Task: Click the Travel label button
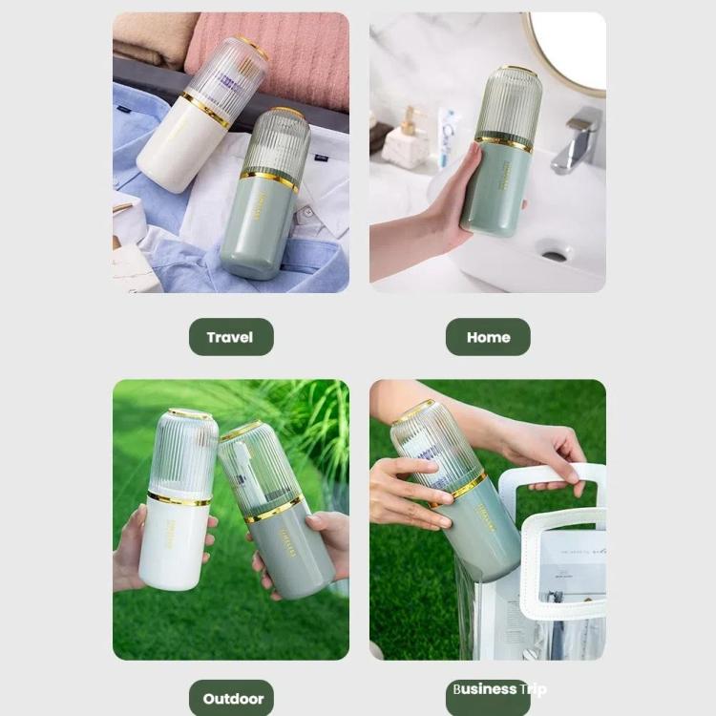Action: point(230,337)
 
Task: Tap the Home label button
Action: point(488,337)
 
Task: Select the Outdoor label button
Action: point(232,698)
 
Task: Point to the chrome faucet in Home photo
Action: point(579,138)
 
